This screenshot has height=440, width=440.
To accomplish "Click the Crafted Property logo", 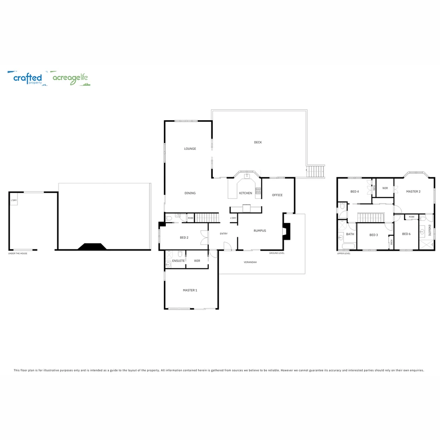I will pyautogui.click(x=27, y=78).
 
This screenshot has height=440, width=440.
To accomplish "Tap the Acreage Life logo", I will pyautogui.click(x=70, y=78).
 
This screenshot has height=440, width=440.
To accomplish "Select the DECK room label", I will pyautogui.click(x=258, y=142).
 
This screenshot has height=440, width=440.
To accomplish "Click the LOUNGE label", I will pyautogui.click(x=190, y=149).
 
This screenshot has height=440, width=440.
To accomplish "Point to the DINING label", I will pyautogui.click(x=190, y=193).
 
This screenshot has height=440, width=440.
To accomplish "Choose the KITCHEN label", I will pyautogui.click(x=246, y=193).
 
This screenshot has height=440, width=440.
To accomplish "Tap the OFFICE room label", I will pyautogui.click(x=277, y=195).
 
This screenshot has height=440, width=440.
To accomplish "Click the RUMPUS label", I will pyautogui.click(x=260, y=231).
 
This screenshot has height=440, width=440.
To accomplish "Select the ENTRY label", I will pyautogui.click(x=223, y=233).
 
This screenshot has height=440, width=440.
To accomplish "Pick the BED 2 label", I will pyautogui.click(x=184, y=238).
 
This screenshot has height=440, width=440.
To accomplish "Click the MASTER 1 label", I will pyautogui.click(x=190, y=290).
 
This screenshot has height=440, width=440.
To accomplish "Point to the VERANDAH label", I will pyautogui.click(x=250, y=262).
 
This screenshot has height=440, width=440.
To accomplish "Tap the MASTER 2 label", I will pyautogui.click(x=413, y=191).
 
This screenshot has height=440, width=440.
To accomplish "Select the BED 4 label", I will pyautogui.click(x=354, y=191).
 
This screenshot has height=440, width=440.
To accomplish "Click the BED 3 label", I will pyautogui.click(x=374, y=235).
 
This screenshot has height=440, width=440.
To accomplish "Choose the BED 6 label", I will pyautogui.click(x=406, y=234).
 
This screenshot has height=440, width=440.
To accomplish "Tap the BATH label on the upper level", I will pyautogui.click(x=350, y=234).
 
